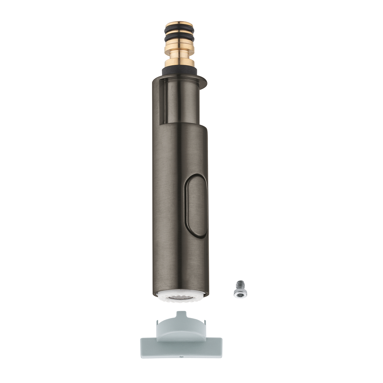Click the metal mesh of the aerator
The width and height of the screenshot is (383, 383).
coord(179,298)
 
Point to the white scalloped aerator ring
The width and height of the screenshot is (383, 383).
coord(180,300)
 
